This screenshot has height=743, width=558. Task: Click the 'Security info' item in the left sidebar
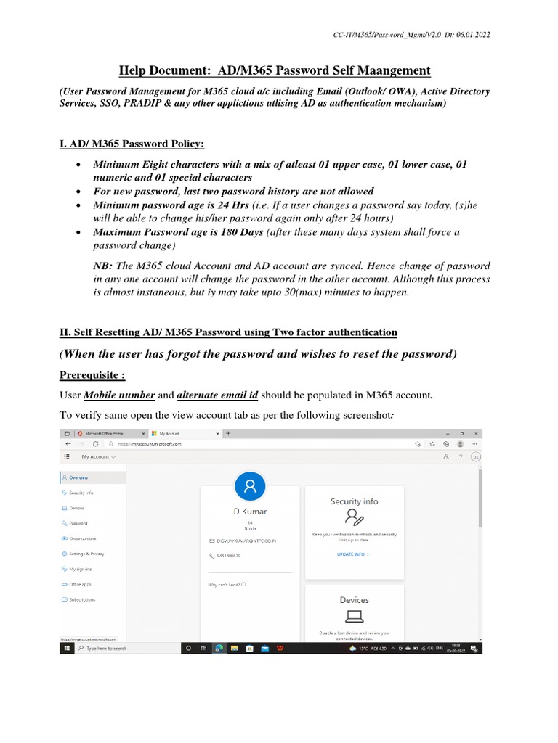pyautogui.click(x=81, y=493)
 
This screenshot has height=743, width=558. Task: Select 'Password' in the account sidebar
pyautogui.click(x=78, y=523)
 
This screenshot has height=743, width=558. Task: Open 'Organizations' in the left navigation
pyautogui.click(x=82, y=538)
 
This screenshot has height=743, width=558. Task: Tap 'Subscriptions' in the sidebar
pyautogui.click(x=81, y=599)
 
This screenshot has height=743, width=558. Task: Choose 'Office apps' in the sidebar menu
pyautogui.click(x=80, y=584)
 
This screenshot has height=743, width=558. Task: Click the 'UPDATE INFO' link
pyautogui.click(x=352, y=554)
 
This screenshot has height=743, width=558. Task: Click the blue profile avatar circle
pyautogui.click(x=251, y=486)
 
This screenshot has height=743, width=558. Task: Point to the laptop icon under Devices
pyautogui.click(x=354, y=617)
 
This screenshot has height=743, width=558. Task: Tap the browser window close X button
pyautogui.click(x=475, y=433)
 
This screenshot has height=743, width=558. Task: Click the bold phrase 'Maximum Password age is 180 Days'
pyautogui.click(x=179, y=232)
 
